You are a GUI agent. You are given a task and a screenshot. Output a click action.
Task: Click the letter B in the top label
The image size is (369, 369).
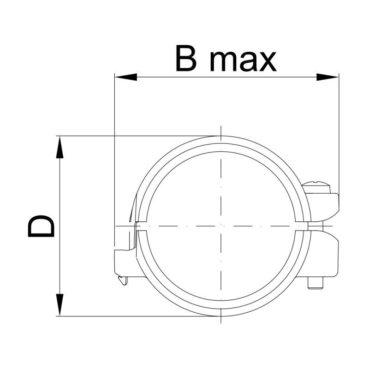pyautogui.click(x=186, y=58)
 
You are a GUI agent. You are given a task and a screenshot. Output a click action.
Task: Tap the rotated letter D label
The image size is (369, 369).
pyautogui.click(x=41, y=226)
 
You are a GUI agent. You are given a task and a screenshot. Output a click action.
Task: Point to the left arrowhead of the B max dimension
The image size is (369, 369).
pyautogui.click(x=126, y=77)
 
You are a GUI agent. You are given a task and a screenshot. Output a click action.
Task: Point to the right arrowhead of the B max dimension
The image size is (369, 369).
pyautogui.click(x=327, y=77)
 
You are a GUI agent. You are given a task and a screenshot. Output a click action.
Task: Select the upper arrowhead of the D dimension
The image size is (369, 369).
pyautogui.click(x=60, y=147)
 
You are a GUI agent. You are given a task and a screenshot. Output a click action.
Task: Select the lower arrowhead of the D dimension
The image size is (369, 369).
pyautogui.click(x=60, y=305)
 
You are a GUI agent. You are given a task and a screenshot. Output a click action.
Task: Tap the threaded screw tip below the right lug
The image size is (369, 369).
pyautogui.click(x=315, y=283)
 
